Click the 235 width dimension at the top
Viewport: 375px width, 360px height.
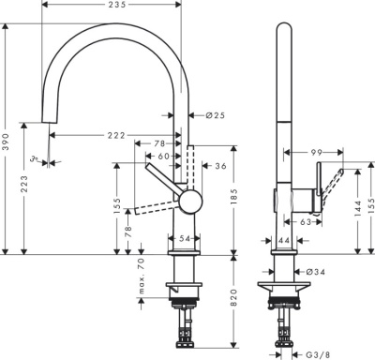coord(116,6)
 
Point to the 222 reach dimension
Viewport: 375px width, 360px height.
coord(116,137)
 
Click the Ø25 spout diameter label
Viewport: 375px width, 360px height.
coord(215,115)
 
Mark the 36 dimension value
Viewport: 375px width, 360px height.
coord(220,165)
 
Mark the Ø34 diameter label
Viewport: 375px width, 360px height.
coord(317,273)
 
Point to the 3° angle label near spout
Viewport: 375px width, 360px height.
coord(34,160)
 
